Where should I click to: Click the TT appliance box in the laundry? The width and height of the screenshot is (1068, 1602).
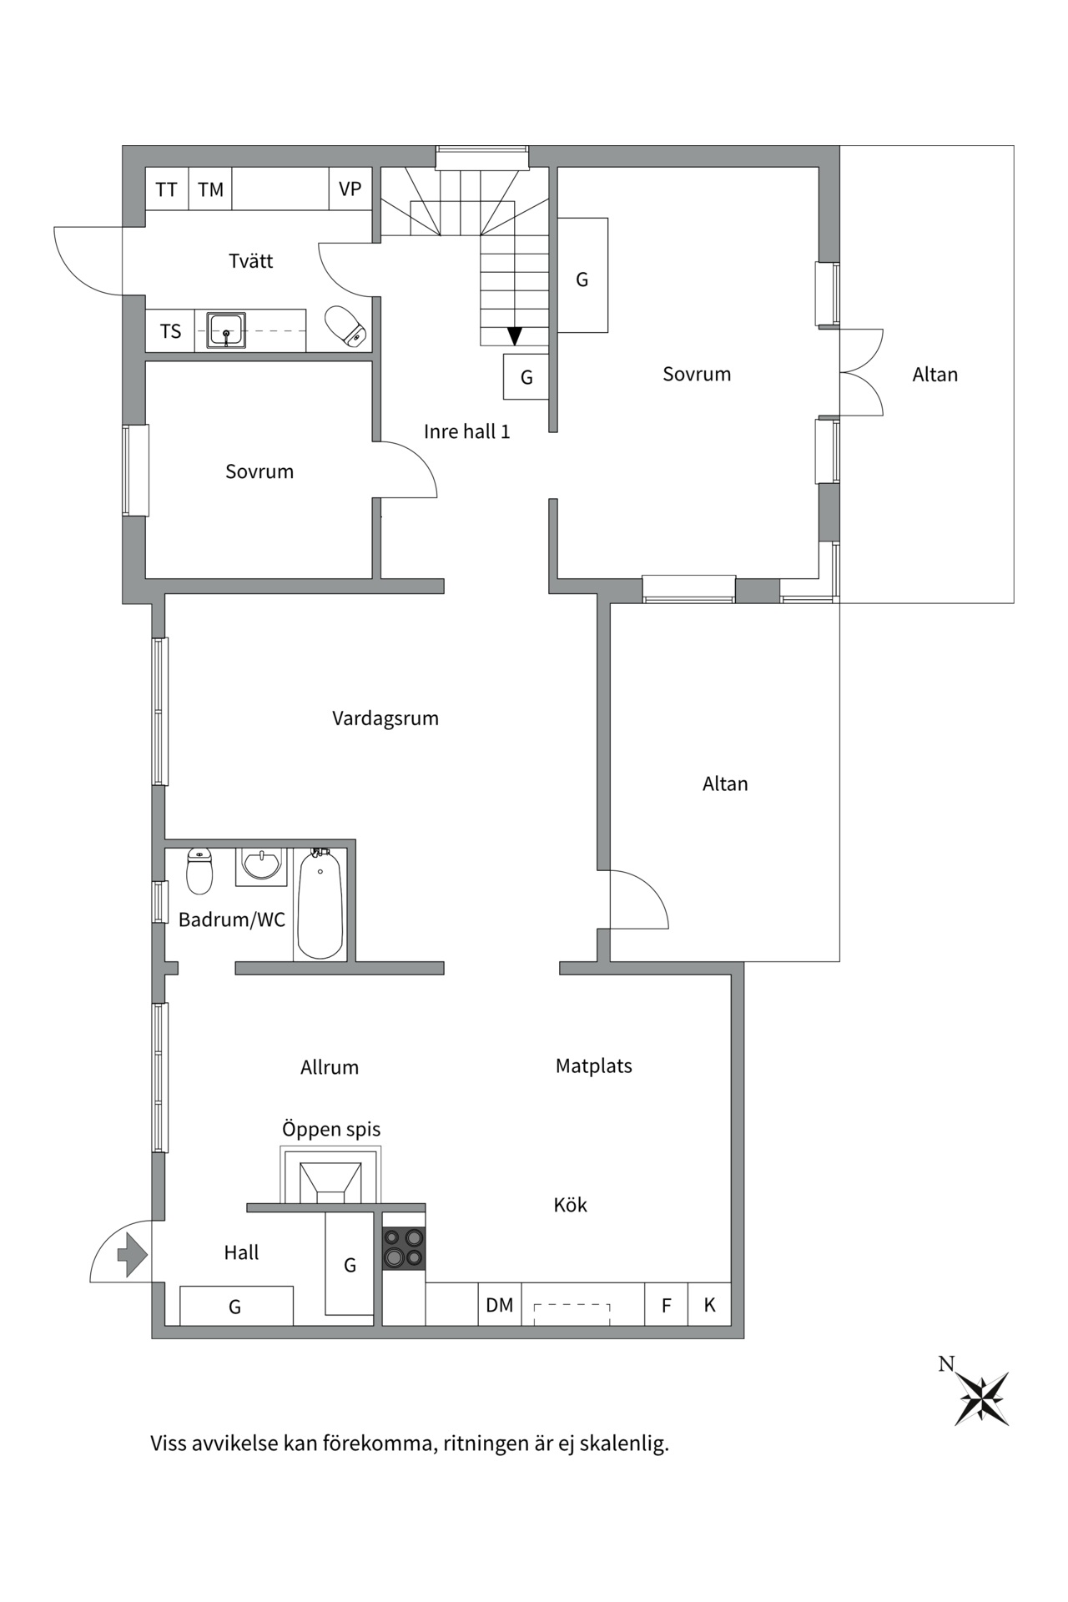click(x=167, y=189)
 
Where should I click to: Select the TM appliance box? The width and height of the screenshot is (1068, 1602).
click(x=210, y=189)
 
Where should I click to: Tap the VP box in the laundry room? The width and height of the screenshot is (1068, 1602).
click(x=350, y=189)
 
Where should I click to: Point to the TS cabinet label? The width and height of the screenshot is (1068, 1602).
click(x=170, y=331)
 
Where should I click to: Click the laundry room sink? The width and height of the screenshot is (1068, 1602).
click(x=226, y=330)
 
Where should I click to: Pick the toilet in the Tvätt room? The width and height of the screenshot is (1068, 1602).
click(x=346, y=325)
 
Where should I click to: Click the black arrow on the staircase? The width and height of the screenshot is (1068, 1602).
click(x=515, y=335)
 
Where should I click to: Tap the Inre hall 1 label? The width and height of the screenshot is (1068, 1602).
click(x=466, y=431)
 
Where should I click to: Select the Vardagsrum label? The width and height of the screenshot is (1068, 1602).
click(x=385, y=718)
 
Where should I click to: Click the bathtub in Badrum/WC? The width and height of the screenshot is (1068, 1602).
click(x=320, y=904)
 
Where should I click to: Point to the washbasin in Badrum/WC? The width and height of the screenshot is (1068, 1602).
click(x=262, y=864)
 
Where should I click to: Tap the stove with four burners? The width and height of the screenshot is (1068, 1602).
click(x=404, y=1248)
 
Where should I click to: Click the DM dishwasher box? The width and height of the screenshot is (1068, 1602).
click(x=500, y=1304)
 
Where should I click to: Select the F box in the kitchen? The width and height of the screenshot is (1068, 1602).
click(x=667, y=1304)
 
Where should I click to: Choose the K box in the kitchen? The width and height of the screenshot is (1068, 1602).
click(x=710, y=1304)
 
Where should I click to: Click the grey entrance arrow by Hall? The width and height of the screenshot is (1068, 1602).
click(x=133, y=1254)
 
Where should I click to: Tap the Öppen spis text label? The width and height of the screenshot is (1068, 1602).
click(x=331, y=1130)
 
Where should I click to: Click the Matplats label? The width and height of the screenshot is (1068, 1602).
click(x=594, y=1065)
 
